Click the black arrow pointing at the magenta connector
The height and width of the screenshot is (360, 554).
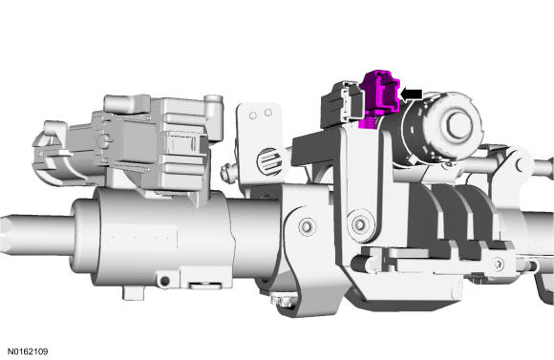pos(412,95)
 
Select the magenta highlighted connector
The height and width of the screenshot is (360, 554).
pos(379,97)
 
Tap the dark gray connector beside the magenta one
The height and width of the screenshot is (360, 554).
pos(341,104)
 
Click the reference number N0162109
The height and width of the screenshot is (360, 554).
pos(28,351)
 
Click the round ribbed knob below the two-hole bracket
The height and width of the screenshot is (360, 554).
pos(270,161)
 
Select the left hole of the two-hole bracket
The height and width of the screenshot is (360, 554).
pos(253,116)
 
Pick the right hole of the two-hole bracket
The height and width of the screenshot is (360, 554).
pos(268,113)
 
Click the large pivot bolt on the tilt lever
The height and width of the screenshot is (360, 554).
pos(360,223)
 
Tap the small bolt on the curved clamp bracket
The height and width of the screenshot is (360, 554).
pos(307,225)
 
